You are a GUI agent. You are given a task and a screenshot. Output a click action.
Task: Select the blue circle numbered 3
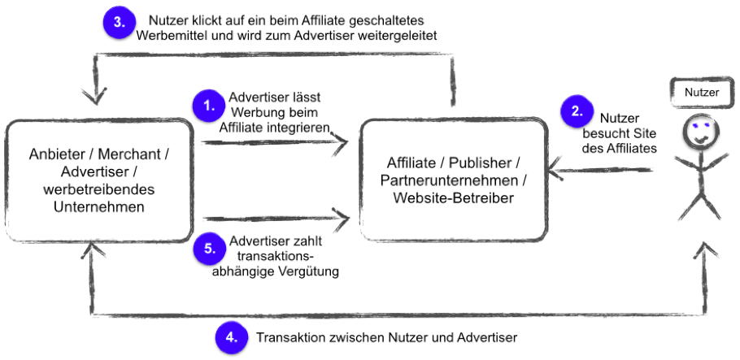pos(120,23)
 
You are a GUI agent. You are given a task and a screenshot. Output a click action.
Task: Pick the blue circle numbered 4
pos(231,337)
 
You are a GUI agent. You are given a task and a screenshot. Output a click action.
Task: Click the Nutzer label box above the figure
pos(702,92)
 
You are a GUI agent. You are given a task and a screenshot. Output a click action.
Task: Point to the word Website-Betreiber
pos(453,198)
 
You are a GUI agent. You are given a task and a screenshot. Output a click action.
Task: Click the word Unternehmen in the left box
pos(99,207)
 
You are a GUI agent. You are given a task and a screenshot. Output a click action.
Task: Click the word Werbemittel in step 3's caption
pos(166,36)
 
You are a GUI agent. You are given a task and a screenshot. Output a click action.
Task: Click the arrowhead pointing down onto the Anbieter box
pos(95,97)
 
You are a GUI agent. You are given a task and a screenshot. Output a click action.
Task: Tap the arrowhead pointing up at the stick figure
pos(706,249)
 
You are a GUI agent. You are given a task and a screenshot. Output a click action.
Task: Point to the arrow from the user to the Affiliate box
pos(600,171)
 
